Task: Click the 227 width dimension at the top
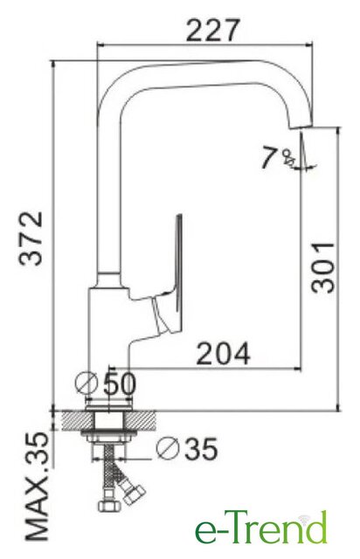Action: point(212,31)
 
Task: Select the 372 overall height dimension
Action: point(31,238)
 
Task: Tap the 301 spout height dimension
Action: point(323,267)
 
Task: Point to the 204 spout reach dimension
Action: point(224,353)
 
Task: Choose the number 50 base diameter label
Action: point(120,384)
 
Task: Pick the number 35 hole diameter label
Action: point(201,448)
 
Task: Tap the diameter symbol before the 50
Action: point(87,383)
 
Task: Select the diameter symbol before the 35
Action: point(167,448)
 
